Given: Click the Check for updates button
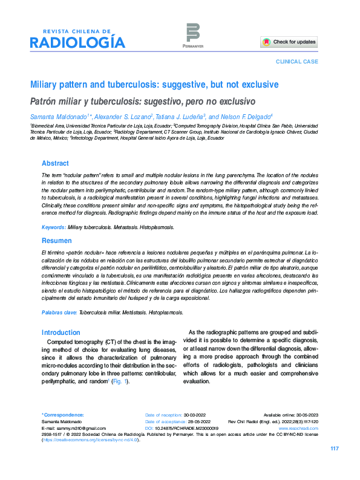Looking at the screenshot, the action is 289,42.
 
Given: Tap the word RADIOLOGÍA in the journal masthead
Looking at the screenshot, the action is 78,43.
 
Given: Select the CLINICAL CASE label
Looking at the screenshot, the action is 296,62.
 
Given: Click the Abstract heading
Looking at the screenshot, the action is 55,163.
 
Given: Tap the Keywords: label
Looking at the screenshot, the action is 53,227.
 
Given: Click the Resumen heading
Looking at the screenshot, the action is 56,240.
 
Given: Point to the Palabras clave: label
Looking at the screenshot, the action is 59,313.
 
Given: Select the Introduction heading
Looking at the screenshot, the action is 61,332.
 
